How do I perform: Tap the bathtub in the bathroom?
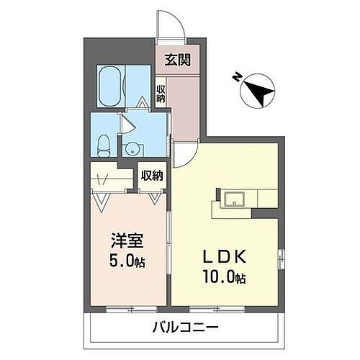(112, 86)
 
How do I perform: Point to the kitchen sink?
(235, 198)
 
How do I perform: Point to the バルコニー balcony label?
(185, 328)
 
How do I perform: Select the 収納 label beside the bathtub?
(162, 93)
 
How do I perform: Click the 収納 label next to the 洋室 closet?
(151, 176)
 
